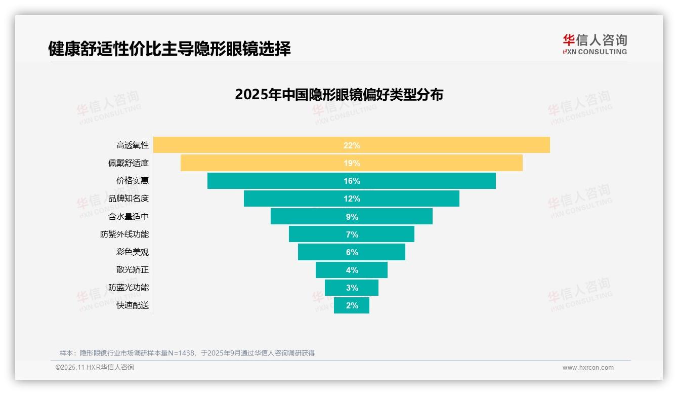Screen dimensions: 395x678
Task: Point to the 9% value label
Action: [352, 217]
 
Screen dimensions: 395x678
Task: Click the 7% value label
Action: [352, 234]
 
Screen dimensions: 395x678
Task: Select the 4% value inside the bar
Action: [352, 270]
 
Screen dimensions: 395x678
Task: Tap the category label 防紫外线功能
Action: [124, 234]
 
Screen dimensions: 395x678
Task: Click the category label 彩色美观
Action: [133, 252]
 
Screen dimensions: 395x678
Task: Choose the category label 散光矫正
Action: [133, 270]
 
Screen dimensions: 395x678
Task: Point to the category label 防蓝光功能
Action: [129, 288]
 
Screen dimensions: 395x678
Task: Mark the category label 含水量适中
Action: [129, 217]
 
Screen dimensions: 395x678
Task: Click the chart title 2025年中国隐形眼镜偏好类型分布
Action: [339, 94]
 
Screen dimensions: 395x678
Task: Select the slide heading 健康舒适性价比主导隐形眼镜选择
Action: [169, 49]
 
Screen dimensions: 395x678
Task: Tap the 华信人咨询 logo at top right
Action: [595, 44]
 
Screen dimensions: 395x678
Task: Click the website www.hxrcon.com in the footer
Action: [588, 368]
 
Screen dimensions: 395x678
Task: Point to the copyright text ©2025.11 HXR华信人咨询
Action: [95, 368]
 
